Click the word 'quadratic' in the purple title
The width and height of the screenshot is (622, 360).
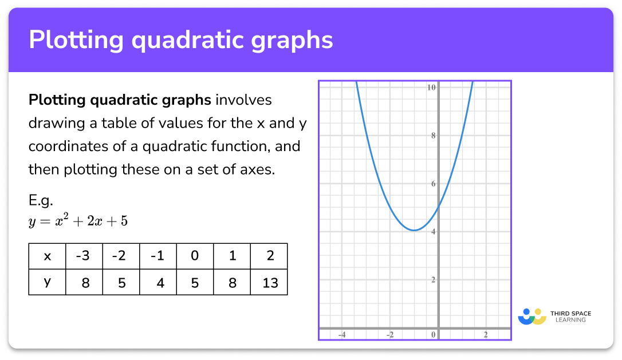click(188, 41)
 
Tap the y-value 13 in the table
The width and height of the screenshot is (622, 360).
click(270, 283)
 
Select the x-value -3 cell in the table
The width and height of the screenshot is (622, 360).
click(84, 256)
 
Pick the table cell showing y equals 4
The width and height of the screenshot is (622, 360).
click(158, 283)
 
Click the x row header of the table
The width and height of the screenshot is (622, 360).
click(47, 256)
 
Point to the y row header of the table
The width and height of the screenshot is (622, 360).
click(47, 282)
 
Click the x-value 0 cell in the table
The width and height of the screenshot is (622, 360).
click(195, 256)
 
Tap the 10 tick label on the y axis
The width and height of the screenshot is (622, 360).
click(431, 87)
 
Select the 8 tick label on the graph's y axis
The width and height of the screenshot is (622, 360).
click(433, 136)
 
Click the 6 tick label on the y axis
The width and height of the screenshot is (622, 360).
click(433, 184)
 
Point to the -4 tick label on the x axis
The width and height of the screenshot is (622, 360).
click(341, 335)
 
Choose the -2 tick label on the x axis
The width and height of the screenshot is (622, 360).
click(390, 335)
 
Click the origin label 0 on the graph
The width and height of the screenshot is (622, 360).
click(433, 335)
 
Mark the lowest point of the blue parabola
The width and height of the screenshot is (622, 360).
click(414, 230)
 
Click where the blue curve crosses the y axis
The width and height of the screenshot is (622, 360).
click(438, 207)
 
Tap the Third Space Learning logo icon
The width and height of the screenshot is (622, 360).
click(532, 317)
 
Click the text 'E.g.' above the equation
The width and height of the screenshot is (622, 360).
click(41, 201)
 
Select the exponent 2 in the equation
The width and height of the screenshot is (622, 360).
click(66, 215)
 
